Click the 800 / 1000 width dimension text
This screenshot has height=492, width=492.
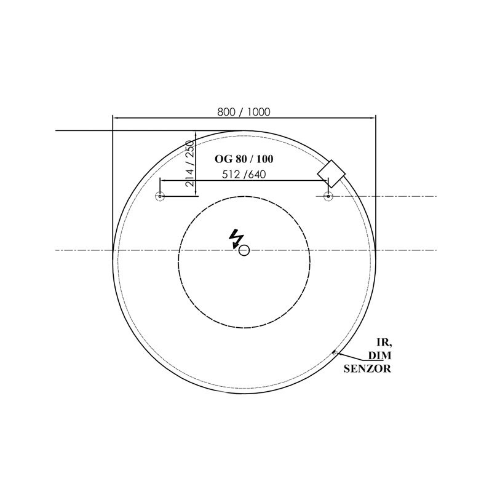pyautogui.click(x=244, y=112)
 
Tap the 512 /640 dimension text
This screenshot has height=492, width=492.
pyautogui.click(x=244, y=174)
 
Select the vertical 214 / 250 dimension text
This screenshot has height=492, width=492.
pyautogui.click(x=190, y=163)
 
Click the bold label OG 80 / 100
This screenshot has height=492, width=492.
pyautogui.click(x=244, y=159)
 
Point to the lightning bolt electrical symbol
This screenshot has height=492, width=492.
pyautogui.click(x=236, y=239)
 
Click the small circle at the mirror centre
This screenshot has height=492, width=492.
pyautogui.click(x=244, y=250)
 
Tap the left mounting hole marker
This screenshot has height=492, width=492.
pyautogui.click(x=160, y=196)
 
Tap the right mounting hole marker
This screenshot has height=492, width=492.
pyautogui.click(x=328, y=196)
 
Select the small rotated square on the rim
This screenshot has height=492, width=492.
pyautogui.click(x=331, y=173)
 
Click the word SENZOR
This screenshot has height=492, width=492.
pyautogui.click(x=367, y=368)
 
